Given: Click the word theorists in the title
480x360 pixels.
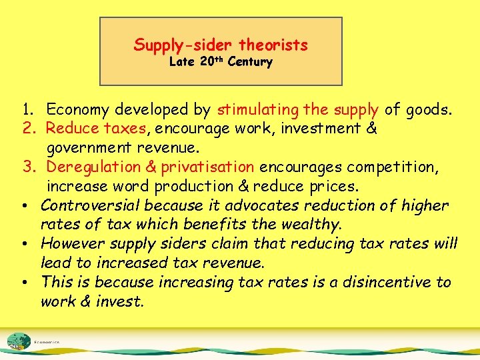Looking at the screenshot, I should pos(273,45).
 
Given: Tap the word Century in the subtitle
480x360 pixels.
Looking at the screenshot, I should pos(250,63).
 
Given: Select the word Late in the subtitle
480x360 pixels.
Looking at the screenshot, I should pos(181,63).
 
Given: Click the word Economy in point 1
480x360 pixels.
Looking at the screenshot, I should pos(75,109).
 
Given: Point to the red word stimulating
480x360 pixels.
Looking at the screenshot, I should pos(258,109).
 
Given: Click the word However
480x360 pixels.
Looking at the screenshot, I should pos(73,244).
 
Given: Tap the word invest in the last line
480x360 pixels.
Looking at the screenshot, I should pos(120,301).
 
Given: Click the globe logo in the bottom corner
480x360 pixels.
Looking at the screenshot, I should pos(19,340).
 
